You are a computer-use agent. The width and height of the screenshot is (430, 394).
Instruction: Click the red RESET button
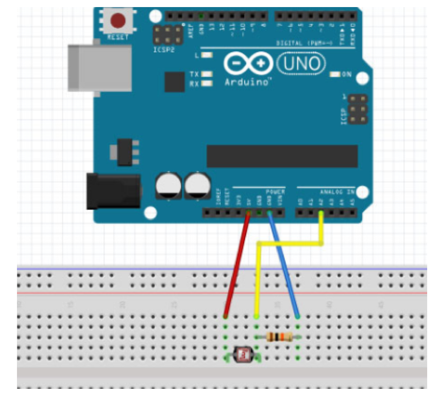(117, 21)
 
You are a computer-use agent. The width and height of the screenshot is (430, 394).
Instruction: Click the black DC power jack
(113, 190)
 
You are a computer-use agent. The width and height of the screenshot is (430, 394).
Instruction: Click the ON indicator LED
(335, 74)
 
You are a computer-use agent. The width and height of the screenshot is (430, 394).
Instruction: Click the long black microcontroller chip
(282, 156)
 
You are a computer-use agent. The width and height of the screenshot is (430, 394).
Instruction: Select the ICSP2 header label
(163, 48)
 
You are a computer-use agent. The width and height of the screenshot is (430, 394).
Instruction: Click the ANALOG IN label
(337, 192)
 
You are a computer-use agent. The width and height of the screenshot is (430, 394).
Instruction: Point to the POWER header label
(275, 192)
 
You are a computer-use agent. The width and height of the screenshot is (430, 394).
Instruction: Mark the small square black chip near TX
(174, 82)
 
